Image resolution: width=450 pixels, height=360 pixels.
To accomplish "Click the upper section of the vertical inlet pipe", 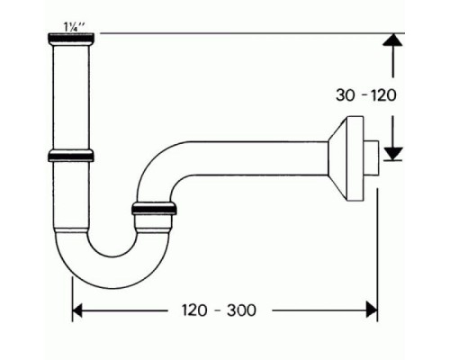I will click(x=72, y=94).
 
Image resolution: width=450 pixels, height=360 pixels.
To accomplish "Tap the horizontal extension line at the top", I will click(x=243, y=33).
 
